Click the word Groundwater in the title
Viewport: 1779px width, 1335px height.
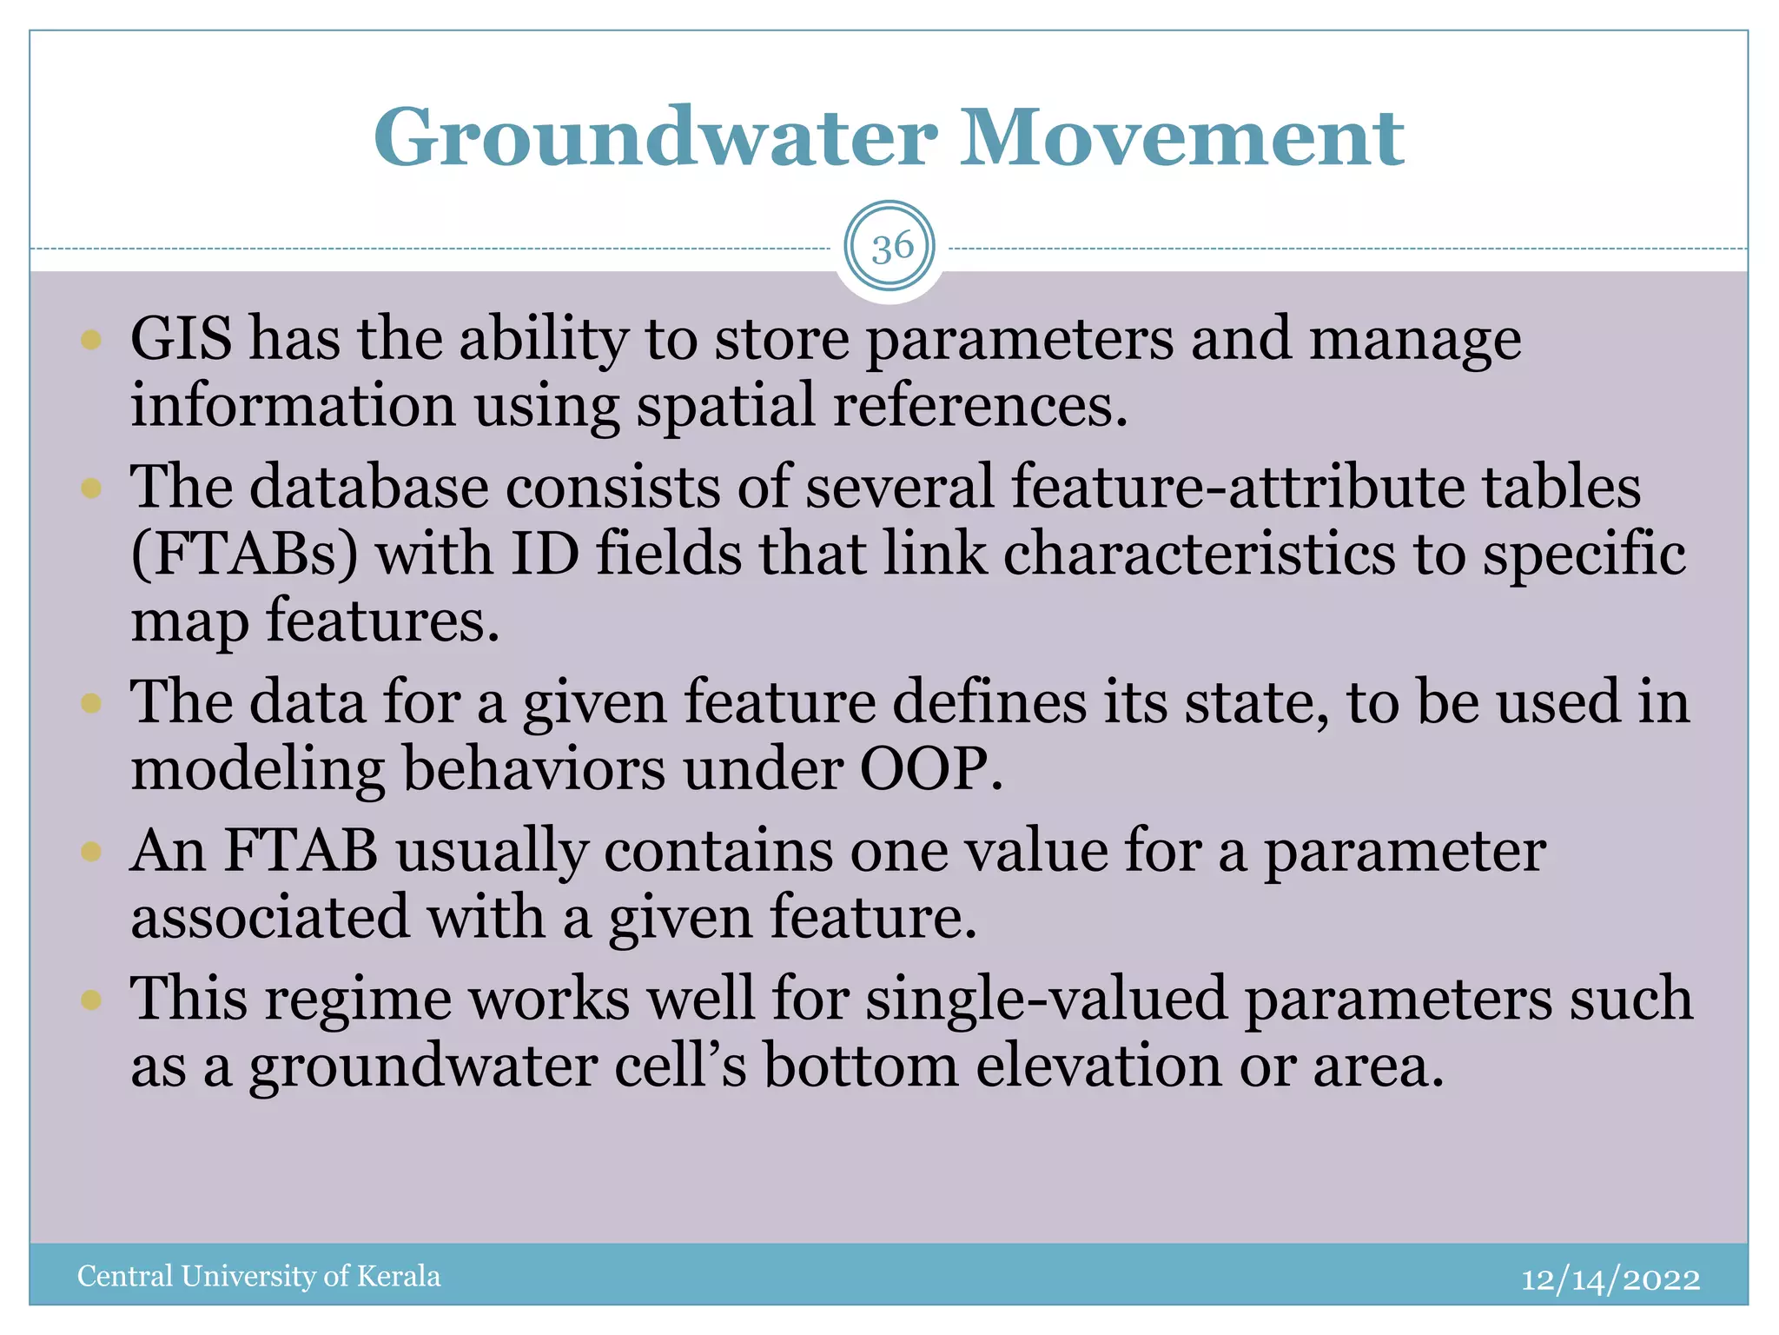(656, 139)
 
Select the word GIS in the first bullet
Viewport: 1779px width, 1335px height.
(182, 339)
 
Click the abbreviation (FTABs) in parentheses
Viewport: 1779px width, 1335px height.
(244, 555)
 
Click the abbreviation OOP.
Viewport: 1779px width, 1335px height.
(931, 769)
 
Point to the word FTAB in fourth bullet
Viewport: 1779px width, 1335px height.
(301, 851)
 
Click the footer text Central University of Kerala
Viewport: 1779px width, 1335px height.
(259, 1276)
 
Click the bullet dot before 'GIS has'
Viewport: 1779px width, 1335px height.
(91, 339)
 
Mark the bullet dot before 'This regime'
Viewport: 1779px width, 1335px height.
(91, 1000)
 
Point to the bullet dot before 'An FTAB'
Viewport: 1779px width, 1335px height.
(91, 851)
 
